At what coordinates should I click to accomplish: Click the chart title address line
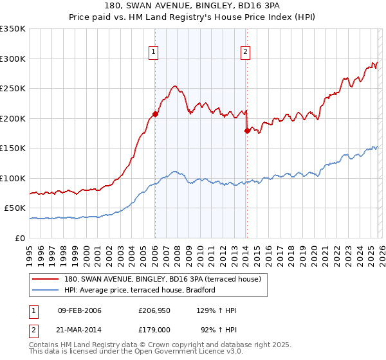(193, 6)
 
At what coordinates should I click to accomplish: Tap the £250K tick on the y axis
(13, 89)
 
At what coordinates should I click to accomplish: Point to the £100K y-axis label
(13, 178)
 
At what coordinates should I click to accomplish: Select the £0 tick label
(19, 238)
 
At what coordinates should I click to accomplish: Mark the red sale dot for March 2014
(247, 130)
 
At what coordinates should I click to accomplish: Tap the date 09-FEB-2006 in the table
(79, 311)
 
